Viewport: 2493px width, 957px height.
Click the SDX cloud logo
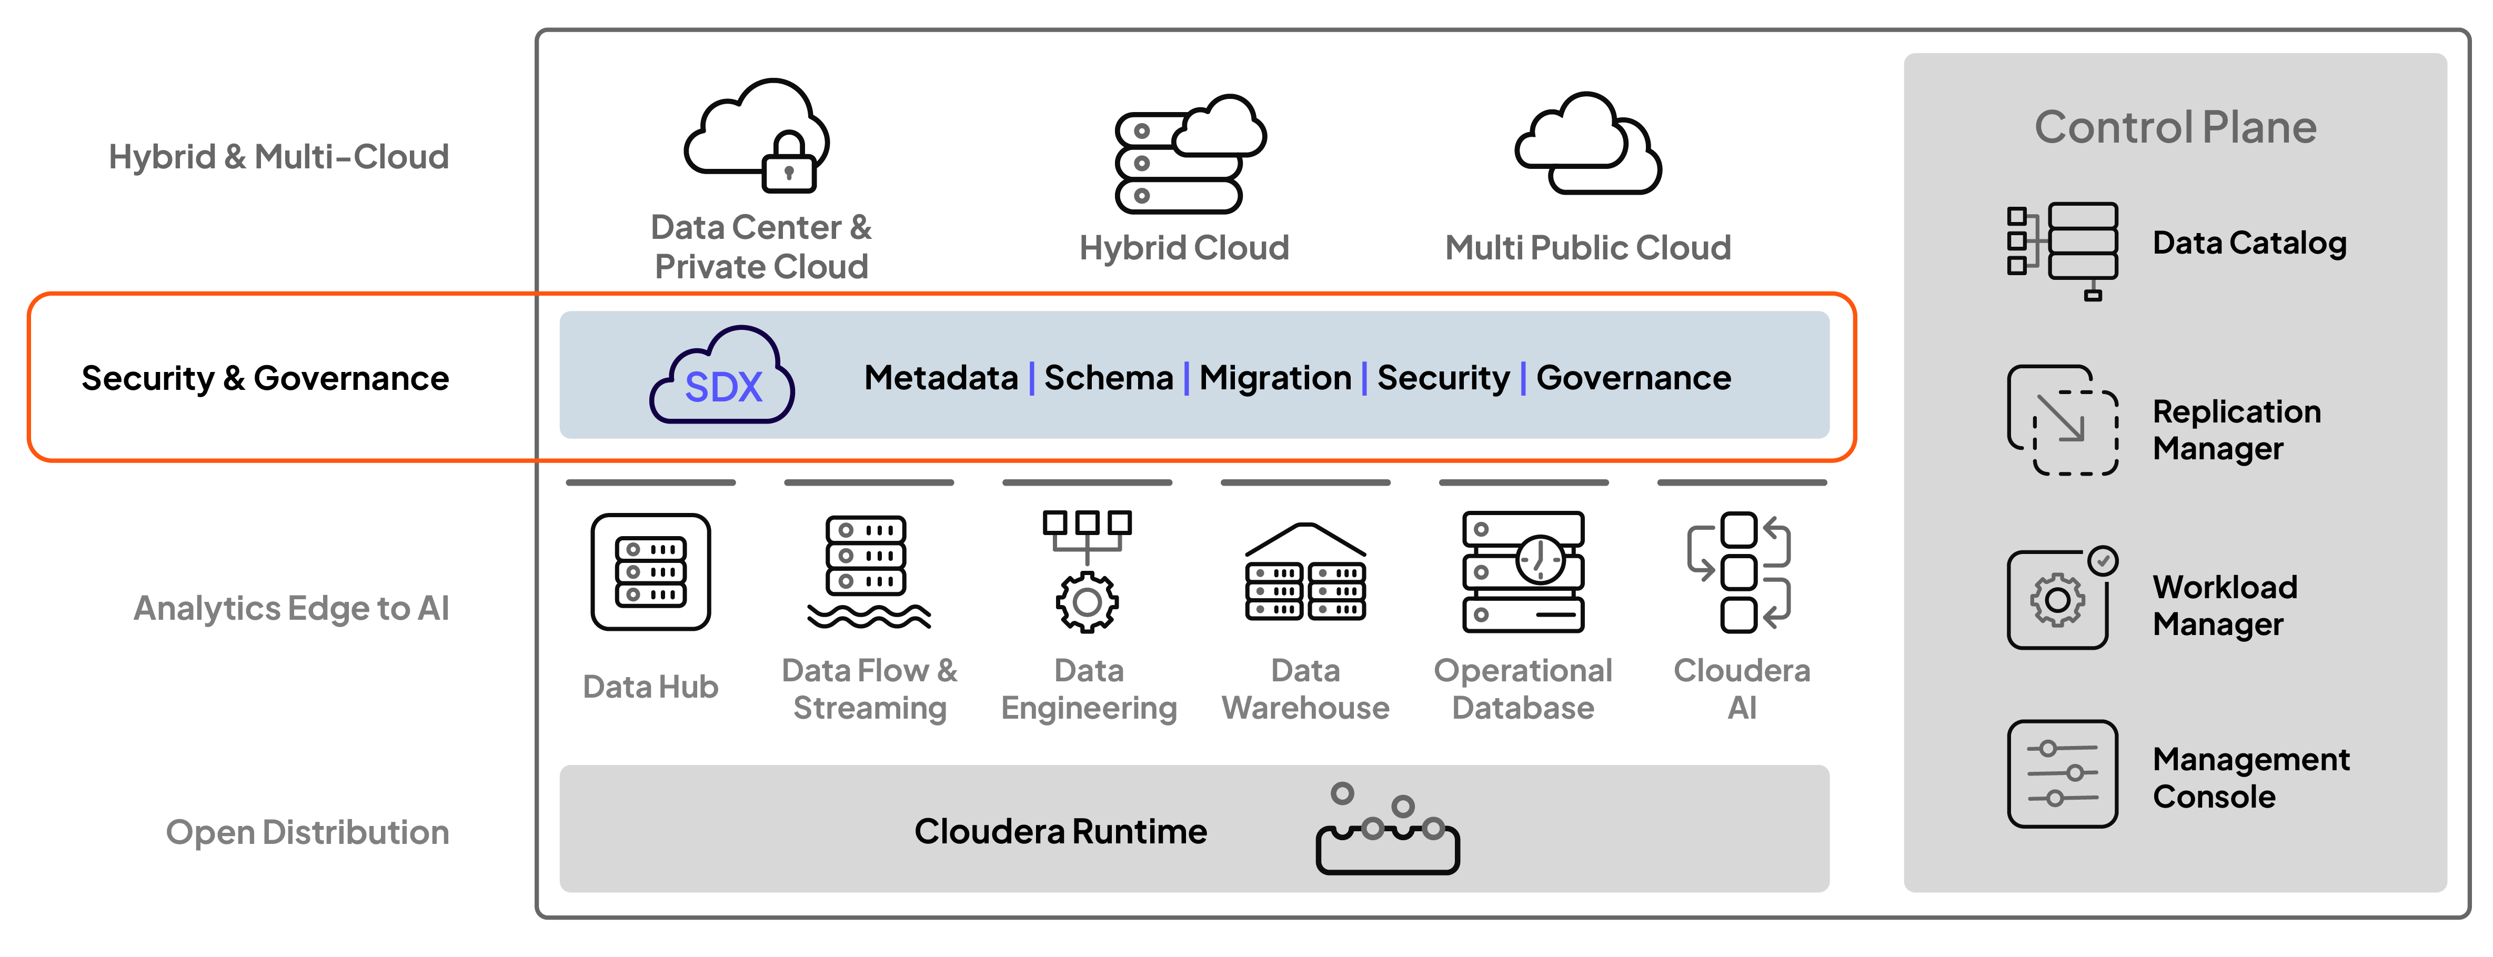722,376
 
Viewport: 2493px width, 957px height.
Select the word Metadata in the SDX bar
941,377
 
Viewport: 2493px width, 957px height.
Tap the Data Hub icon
650,572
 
